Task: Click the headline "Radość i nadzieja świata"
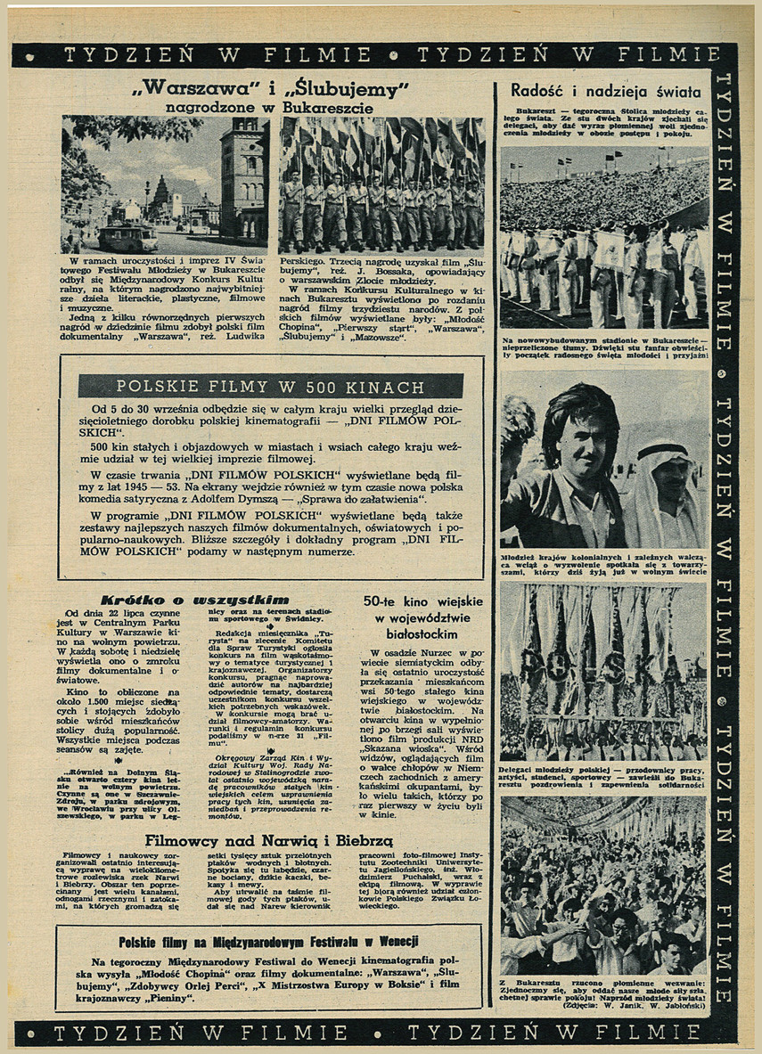pyautogui.click(x=605, y=91)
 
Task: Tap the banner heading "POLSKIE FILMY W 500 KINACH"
pyautogui.click(x=270, y=386)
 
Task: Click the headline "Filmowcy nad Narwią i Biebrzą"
pyautogui.click(x=269, y=840)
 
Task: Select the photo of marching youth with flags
pyautogui.click(x=381, y=185)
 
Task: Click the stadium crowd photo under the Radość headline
pyautogui.click(x=604, y=238)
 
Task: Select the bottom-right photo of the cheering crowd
pyautogui.click(x=604, y=884)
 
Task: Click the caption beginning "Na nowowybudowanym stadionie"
pyautogui.click(x=604, y=347)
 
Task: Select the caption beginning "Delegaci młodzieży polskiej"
pyautogui.click(x=604, y=775)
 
